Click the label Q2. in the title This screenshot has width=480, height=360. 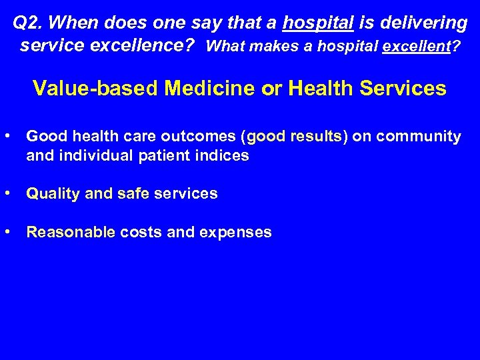28,23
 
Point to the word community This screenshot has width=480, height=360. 419,137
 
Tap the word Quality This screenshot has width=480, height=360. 53,194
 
